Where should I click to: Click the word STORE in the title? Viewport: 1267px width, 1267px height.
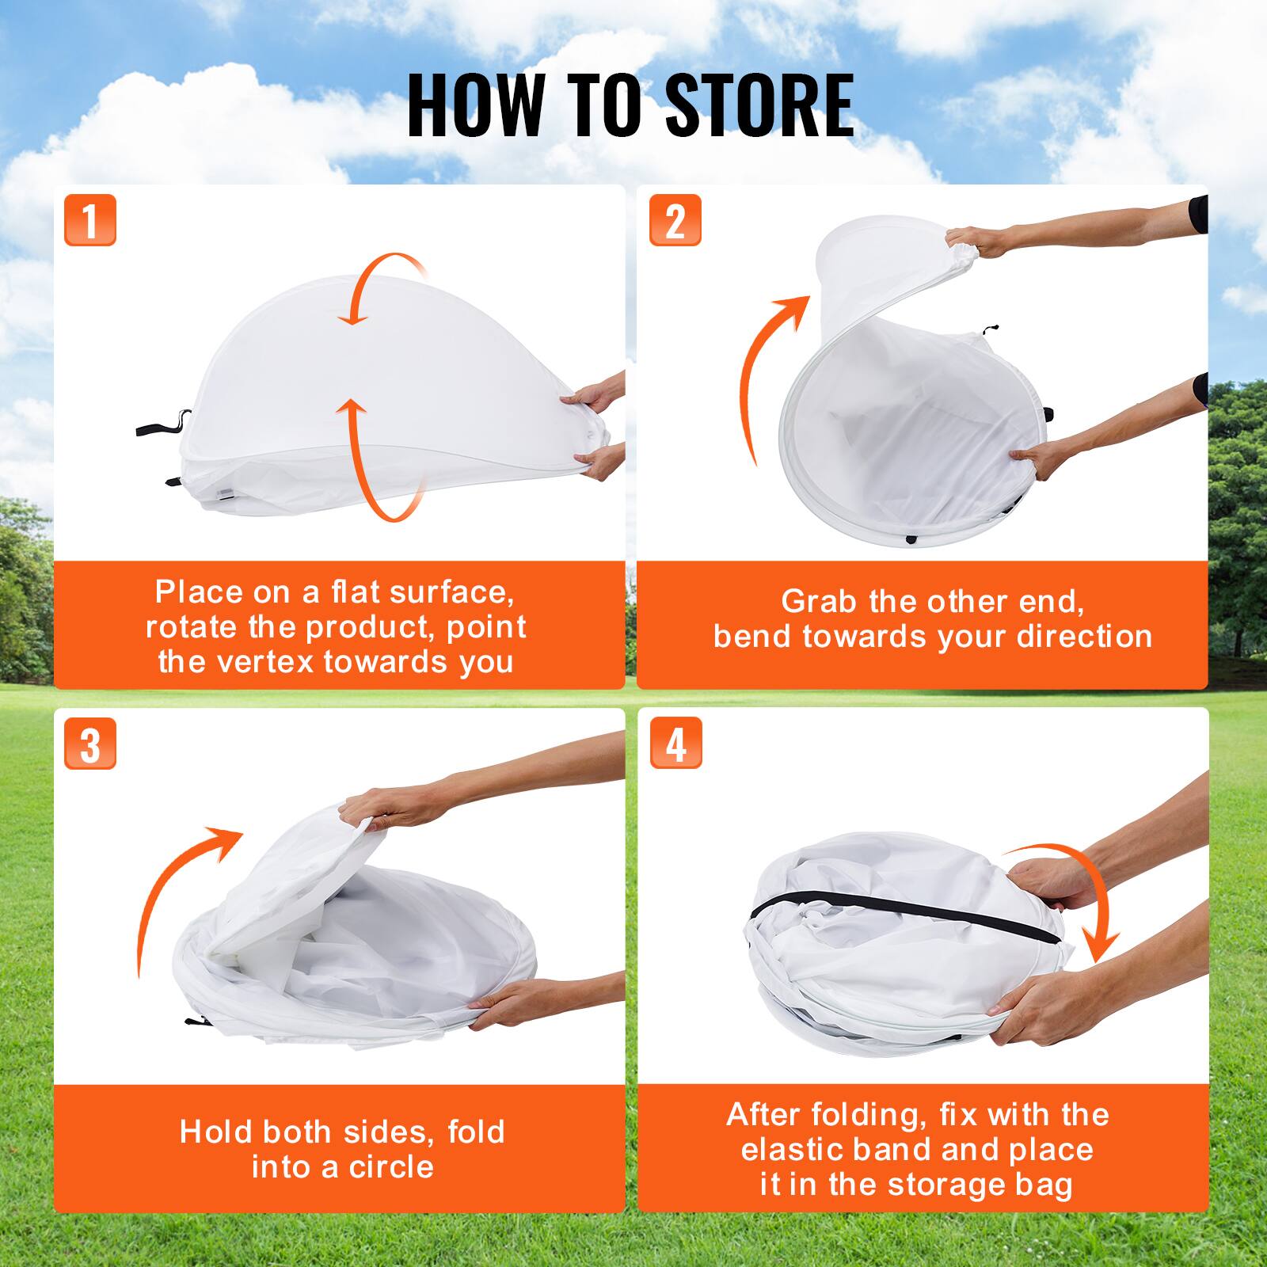(x=759, y=105)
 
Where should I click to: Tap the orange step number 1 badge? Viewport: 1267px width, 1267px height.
(x=90, y=219)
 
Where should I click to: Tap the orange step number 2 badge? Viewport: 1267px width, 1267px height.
(x=675, y=219)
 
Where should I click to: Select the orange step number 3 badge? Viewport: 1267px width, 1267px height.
(x=90, y=744)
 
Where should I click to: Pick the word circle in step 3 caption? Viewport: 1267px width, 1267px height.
(x=391, y=1167)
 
